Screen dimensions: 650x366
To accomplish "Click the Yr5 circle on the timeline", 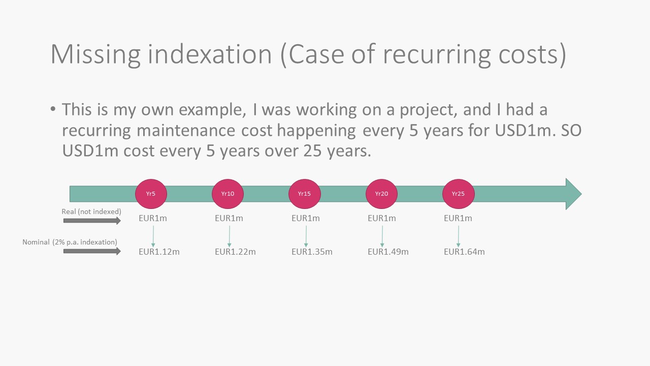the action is tap(151, 194).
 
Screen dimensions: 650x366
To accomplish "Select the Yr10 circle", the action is tap(227, 194).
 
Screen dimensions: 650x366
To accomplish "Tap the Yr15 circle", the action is tap(304, 194).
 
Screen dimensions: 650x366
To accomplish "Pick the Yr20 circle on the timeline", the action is tap(381, 194).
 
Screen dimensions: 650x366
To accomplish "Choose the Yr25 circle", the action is tap(458, 194).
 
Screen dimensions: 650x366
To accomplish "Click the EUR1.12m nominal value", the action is tap(159, 252).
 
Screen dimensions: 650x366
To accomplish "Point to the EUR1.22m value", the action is tap(235, 252).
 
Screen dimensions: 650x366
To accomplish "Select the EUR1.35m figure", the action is tap(312, 252).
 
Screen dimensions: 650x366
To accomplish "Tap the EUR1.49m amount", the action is tap(388, 252).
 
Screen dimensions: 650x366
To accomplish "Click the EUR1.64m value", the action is tap(464, 252).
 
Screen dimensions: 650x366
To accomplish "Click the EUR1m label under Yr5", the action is tap(153, 218).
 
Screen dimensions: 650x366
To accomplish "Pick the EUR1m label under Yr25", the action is tap(458, 218).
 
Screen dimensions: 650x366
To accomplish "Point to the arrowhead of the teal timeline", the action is tap(581, 194).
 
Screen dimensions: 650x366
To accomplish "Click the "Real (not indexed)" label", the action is tap(91, 211).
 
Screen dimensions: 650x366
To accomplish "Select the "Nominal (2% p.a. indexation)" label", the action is tap(70, 242).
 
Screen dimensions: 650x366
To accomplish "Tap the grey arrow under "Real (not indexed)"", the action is tap(92, 221).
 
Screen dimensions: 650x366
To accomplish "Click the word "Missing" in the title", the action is tap(95, 54).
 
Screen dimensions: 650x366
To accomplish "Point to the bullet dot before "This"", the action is tap(53, 109).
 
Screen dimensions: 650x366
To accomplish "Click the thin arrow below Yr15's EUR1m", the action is tap(306, 236).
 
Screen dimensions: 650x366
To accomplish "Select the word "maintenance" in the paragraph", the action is tap(186, 130).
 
